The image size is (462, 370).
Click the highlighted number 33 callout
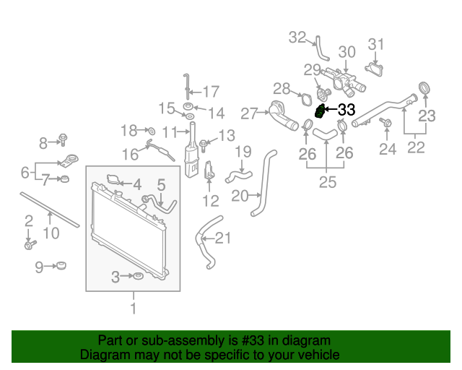346,110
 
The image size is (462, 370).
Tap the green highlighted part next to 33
319,112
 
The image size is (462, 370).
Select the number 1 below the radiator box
133,309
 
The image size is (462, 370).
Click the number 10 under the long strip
51,233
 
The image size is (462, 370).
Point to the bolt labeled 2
29,245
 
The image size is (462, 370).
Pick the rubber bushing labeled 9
62,267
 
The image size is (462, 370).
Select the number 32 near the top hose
297,37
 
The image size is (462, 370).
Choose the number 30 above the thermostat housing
347,52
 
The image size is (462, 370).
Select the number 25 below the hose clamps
328,183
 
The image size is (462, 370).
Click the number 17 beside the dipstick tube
210,92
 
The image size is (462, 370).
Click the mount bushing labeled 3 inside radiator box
135,276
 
